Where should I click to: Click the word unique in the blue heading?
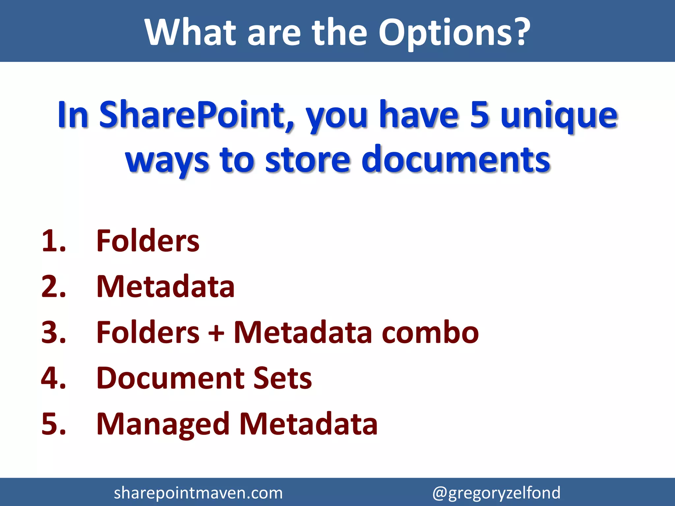tap(559, 115)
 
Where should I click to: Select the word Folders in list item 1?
tap(148, 241)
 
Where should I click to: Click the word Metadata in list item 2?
tap(165, 286)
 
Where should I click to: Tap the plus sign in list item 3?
tap(216, 333)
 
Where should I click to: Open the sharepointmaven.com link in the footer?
tap(198, 493)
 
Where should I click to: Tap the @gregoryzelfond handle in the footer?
tap(496, 493)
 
